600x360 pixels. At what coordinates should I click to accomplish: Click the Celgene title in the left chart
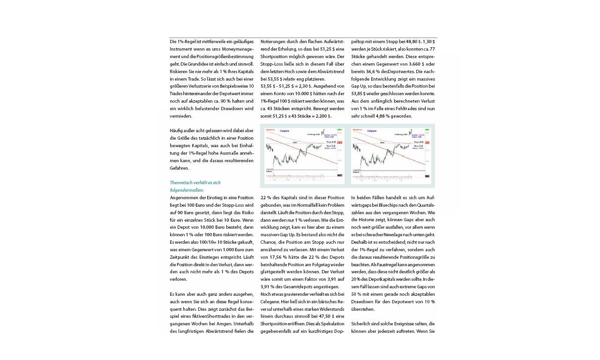[x=285, y=131]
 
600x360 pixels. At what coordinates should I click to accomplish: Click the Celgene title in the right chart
[x=372, y=131]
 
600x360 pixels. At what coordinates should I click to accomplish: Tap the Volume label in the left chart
[x=270, y=171]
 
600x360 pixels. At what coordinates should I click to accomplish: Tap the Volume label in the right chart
[x=356, y=171]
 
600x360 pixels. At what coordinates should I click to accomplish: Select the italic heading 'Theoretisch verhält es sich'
[x=195, y=182]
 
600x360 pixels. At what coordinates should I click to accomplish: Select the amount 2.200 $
[x=322, y=116]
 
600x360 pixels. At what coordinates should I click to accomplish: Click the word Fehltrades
[x=411, y=108]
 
